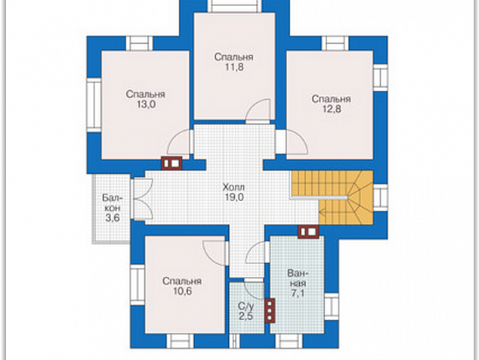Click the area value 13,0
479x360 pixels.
(x=146, y=104)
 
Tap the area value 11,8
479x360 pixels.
(x=235, y=67)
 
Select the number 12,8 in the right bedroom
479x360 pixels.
(x=332, y=109)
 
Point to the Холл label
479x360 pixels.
(x=234, y=187)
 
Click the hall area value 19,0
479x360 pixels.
(x=234, y=197)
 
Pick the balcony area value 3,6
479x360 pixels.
(x=113, y=218)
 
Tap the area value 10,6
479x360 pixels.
(x=182, y=291)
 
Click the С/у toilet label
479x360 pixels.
(x=246, y=306)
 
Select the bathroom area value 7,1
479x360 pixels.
(x=297, y=293)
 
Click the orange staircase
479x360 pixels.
(x=332, y=197)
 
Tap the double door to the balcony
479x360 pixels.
(x=142, y=199)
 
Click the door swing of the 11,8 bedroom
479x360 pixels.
(x=258, y=111)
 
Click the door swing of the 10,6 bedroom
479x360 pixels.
(x=215, y=253)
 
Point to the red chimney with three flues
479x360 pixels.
(x=270, y=310)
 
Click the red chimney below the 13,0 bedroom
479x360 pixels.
(x=172, y=163)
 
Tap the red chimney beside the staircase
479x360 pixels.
(x=308, y=231)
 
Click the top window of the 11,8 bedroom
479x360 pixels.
(x=235, y=6)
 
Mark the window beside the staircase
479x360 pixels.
(x=381, y=197)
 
